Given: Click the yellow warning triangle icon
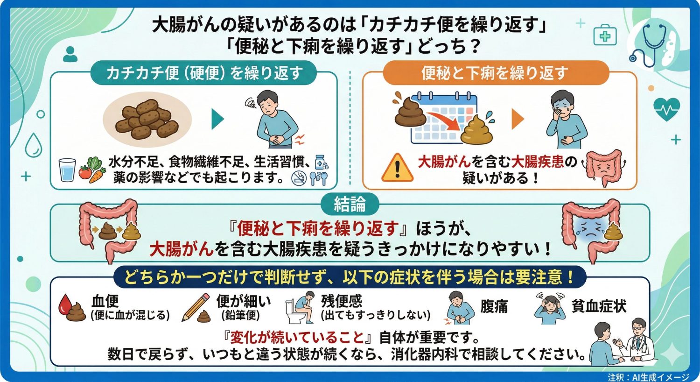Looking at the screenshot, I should [397, 168].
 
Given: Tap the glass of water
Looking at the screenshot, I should [67, 170].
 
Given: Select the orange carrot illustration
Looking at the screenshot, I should [97, 175].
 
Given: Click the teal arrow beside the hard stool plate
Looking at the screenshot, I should [217, 120].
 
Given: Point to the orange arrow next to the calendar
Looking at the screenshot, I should [517, 120].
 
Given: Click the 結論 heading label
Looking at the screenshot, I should [350, 204].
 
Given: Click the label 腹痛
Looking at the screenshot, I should [494, 307].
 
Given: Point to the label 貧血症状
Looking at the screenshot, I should [599, 306].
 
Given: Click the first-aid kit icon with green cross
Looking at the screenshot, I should [605, 36].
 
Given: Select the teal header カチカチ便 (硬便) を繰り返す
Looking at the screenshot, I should [204, 73].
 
